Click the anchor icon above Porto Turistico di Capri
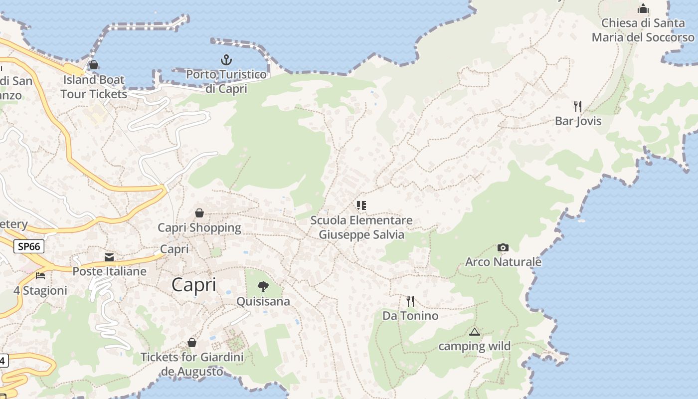[x=226, y=60]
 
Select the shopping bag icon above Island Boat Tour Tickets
[x=93, y=65]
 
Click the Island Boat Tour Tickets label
[x=94, y=87]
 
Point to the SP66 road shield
[x=29, y=246]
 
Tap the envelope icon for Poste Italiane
[x=109, y=257]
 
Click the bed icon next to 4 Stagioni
[x=40, y=275]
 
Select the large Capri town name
[x=194, y=285]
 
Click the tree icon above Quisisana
[x=263, y=287]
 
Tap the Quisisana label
[x=263, y=302]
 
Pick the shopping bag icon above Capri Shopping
[x=199, y=213]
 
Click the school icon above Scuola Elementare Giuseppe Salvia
[x=361, y=205]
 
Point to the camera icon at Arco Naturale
[x=503, y=247]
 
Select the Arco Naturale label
[x=503, y=262]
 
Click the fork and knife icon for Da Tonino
[x=410, y=301]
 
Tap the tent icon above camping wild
[x=474, y=332]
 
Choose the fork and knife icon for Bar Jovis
[x=578, y=106]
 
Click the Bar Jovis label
[x=578, y=121]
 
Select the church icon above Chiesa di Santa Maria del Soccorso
[x=643, y=9]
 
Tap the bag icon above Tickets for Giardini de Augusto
[x=192, y=343]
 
